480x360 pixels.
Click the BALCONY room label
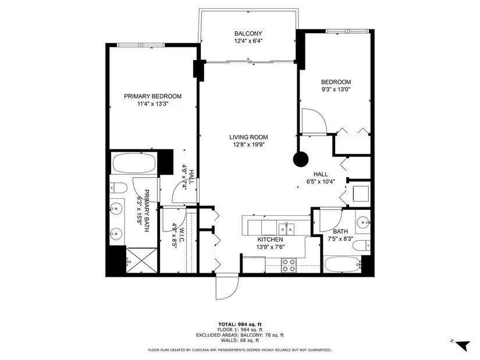pos(248,34)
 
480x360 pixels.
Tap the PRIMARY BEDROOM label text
pos(153,97)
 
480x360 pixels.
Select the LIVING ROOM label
pos(248,137)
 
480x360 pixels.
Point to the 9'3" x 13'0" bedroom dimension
pos(336,90)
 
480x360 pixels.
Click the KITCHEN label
pos(271,240)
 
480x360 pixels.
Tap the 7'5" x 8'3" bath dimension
pos(340,239)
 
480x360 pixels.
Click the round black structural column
pos(301,159)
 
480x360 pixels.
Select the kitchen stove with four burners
pos(289,265)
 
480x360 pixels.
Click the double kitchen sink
pos(286,229)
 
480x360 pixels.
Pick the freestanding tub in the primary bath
pos(134,163)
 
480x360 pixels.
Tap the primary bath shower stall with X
pos(141,260)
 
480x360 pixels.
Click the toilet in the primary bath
pos(119,188)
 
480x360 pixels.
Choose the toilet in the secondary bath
pos(361,245)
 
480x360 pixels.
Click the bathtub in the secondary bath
pos(343,264)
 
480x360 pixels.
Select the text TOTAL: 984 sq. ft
pos(240,325)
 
